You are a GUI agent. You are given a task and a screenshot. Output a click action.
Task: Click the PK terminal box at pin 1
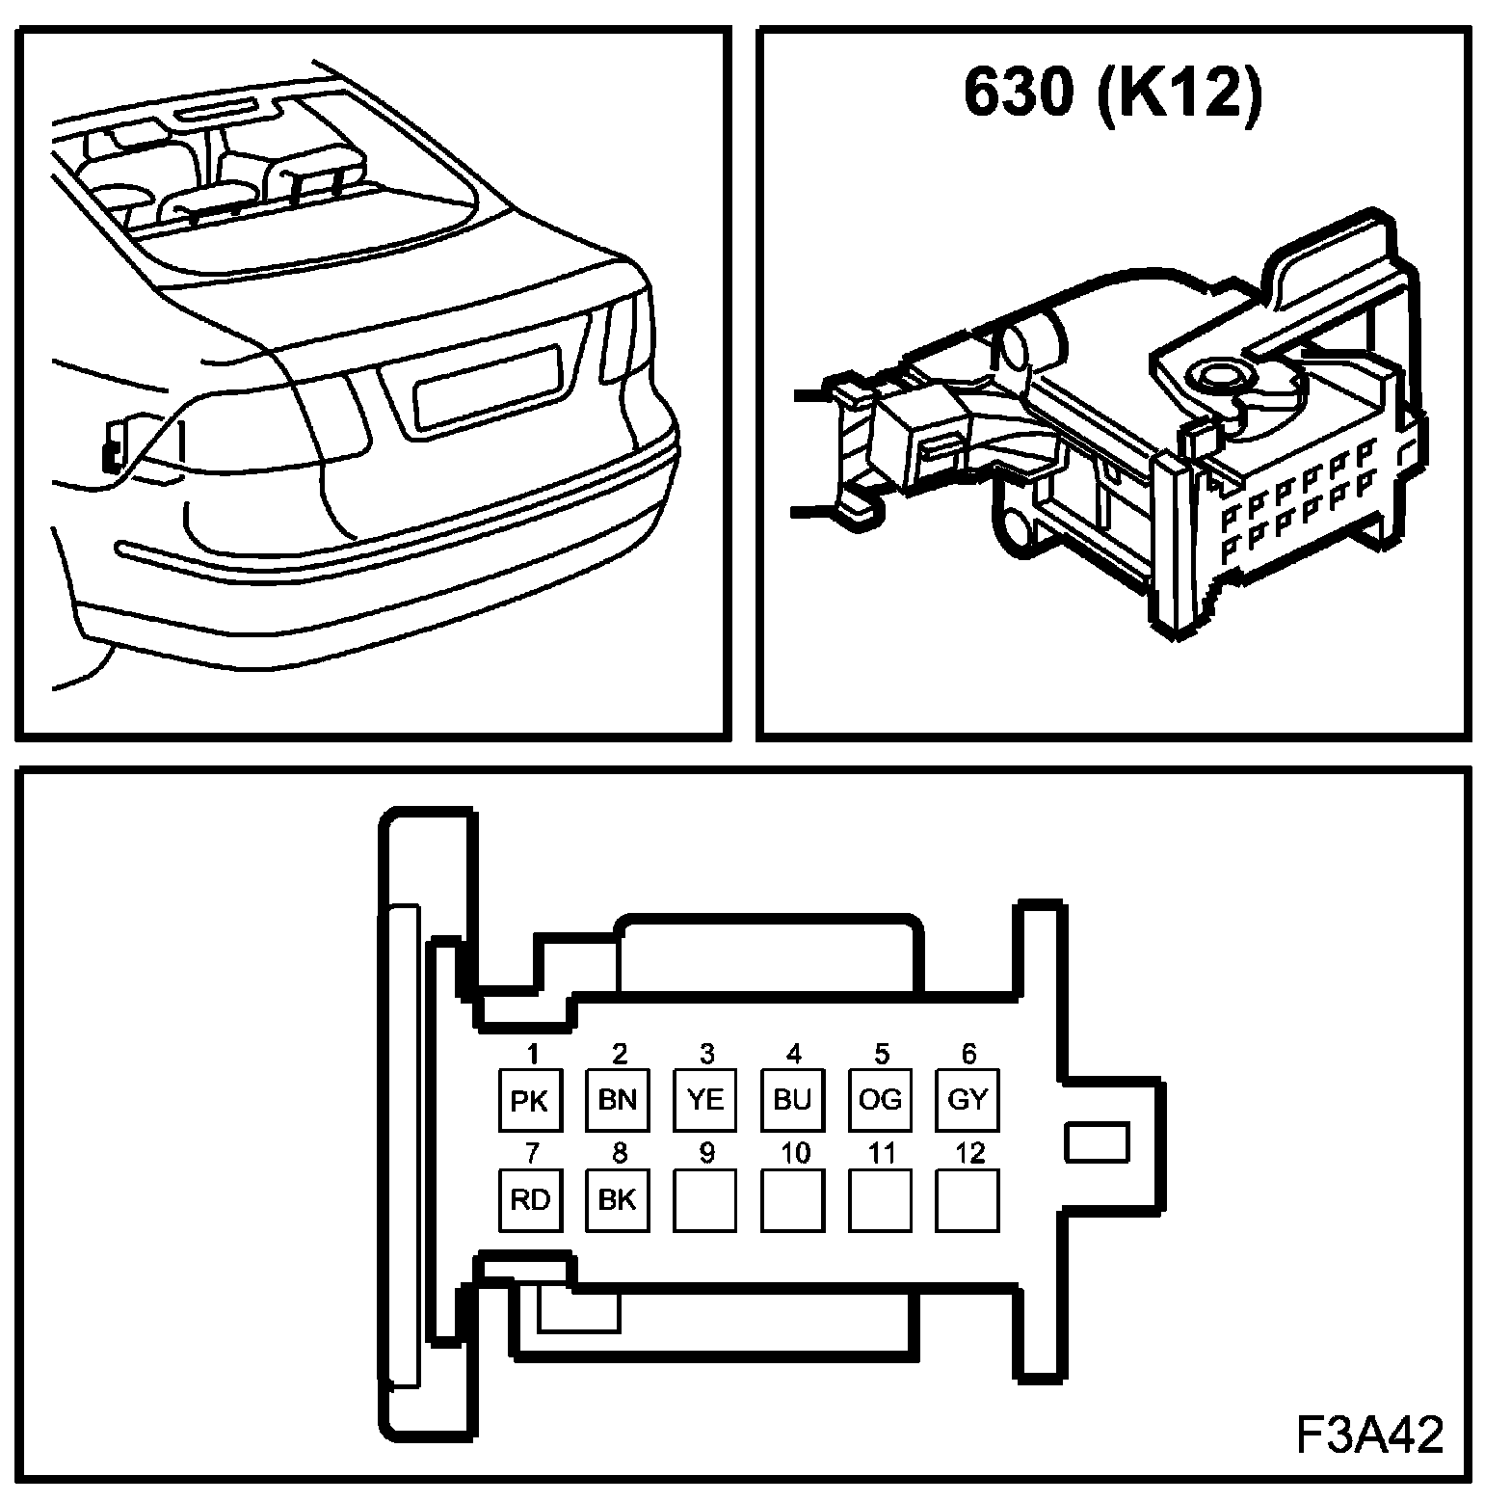click(529, 1099)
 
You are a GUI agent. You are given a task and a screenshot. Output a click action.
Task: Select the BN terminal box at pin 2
click(617, 1099)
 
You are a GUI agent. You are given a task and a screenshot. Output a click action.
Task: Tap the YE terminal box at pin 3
click(704, 1099)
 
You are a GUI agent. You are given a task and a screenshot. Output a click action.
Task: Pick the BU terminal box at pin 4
click(792, 1099)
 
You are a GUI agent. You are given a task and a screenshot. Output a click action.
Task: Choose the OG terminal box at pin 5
click(880, 1099)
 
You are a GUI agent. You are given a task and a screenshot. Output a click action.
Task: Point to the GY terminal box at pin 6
click(968, 1099)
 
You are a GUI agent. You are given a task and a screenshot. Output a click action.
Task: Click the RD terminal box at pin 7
click(529, 1199)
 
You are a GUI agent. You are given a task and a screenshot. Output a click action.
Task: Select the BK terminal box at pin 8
click(617, 1199)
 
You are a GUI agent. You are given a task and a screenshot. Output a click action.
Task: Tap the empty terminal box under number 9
click(704, 1199)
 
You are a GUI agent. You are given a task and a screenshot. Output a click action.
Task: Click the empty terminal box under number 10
click(792, 1199)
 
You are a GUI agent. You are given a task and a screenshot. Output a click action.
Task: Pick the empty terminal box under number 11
click(880, 1199)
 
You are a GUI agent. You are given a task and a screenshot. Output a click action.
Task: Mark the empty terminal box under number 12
click(968, 1199)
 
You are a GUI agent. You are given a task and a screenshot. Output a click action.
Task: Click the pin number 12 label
click(970, 1152)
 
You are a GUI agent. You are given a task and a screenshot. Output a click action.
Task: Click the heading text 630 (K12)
click(1111, 93)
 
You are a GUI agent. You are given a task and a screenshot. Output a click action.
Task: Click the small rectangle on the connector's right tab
click(1096, 1141)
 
